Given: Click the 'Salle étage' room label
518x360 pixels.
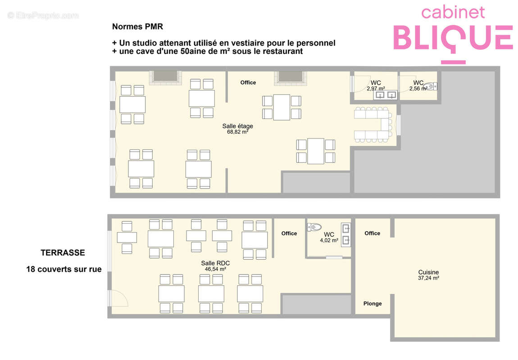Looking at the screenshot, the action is (x=237, y=126).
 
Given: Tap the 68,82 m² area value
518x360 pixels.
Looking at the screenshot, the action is (x=237, y=132).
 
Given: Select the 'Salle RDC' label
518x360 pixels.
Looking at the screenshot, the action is (x=215, y=263).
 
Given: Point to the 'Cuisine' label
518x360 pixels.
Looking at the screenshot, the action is (x=428, y=272).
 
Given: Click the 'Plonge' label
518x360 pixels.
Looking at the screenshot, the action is (x=373, y=304).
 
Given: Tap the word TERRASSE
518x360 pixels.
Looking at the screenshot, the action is (x=63, y=253).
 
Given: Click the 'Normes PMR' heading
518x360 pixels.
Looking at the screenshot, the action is (x=137, y=27).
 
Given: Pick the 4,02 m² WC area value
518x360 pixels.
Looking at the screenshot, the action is (x=329, y=241).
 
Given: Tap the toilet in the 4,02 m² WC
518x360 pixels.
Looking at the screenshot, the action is (x=314, y=227).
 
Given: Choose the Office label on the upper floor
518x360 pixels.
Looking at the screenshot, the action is (x=248, y=82).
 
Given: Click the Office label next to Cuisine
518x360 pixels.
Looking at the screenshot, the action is (x=373, y=233).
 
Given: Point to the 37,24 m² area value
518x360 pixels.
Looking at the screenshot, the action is (x=428, y=278).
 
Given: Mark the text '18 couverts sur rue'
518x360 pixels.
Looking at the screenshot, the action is (x=64, y=269).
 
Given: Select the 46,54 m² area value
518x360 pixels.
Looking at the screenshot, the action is (x=215, y=269).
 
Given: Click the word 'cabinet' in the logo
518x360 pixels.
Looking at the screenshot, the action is (x=453, y=13).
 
